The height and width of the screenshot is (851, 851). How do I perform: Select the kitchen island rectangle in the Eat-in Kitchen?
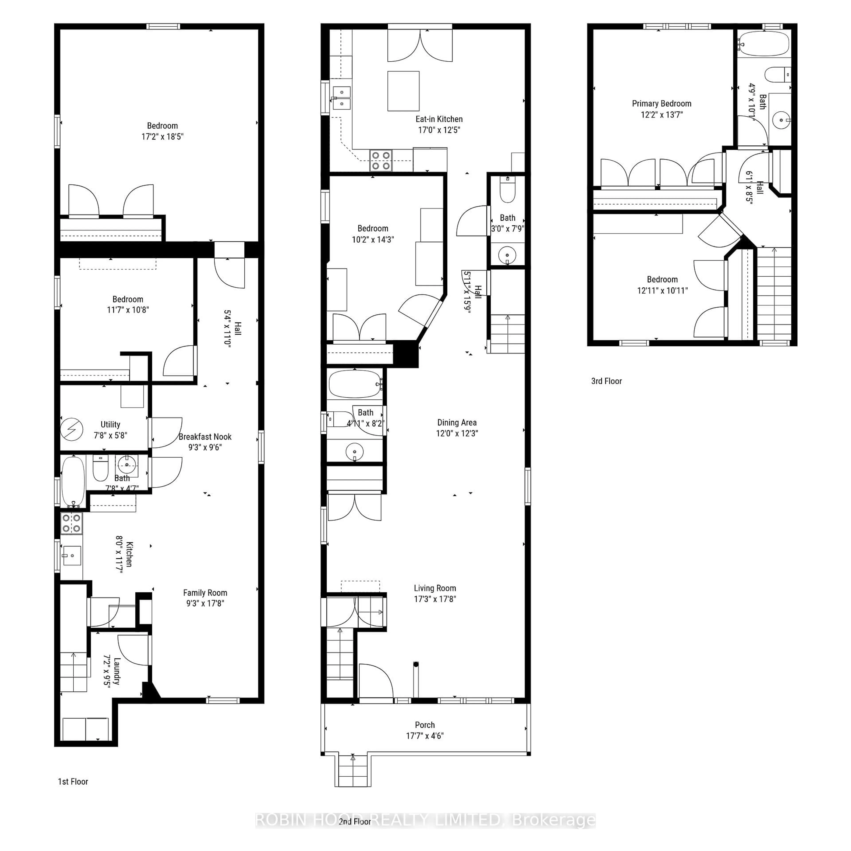coord(403,91)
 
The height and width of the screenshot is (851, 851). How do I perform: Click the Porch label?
coord(425,725)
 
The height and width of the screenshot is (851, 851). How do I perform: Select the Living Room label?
coord(435,588)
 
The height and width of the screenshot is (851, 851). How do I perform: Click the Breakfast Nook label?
coord(205,437)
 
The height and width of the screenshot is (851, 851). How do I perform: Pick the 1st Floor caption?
coord(73,781)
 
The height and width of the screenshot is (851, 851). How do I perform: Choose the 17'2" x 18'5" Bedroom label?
coord(162,125)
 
